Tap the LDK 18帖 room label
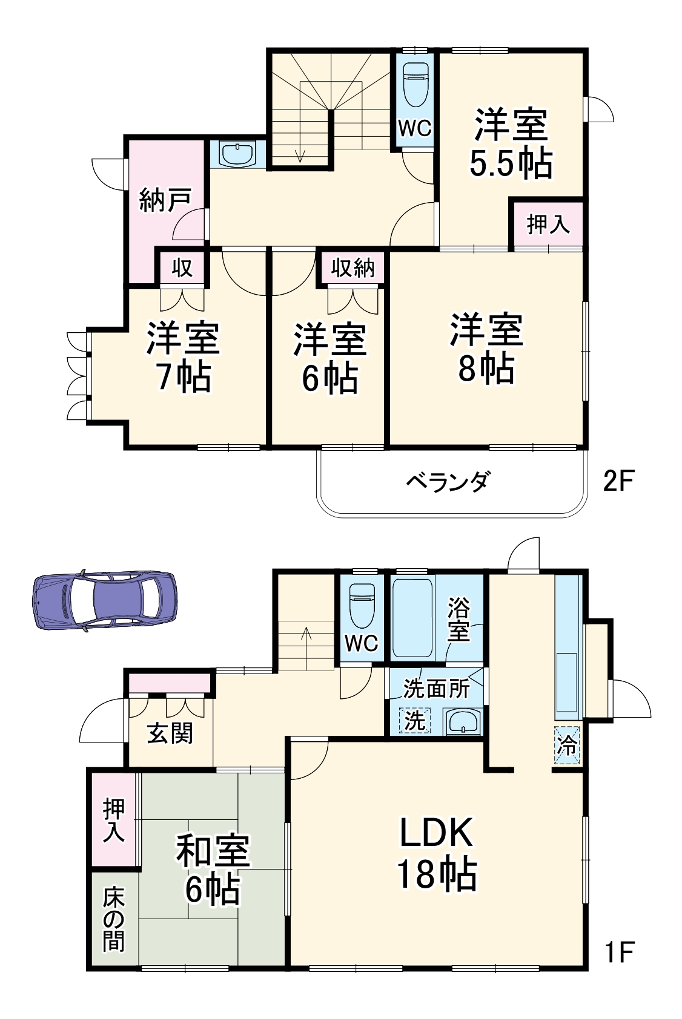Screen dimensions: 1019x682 coord(436,853)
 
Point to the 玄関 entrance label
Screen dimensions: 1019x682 coord(170,733)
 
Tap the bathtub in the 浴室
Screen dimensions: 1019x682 coord(412,618)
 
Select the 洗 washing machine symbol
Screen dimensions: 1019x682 coord(415,721)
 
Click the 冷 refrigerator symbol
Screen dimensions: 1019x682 coord(568,745)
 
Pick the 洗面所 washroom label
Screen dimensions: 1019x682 coord(436,689)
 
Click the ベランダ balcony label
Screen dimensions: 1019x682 coord(448,482)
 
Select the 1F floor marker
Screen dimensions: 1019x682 coord(618,952)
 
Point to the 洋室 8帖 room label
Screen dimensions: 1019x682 coord(486,349)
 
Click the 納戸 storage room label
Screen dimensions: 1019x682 coord(165,200)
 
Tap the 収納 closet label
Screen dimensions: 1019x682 coord(353,267)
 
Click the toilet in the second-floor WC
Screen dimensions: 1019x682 coord(415,82)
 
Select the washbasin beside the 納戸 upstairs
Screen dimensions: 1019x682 coord(237,155)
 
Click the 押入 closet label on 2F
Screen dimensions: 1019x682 coord(548,224)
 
